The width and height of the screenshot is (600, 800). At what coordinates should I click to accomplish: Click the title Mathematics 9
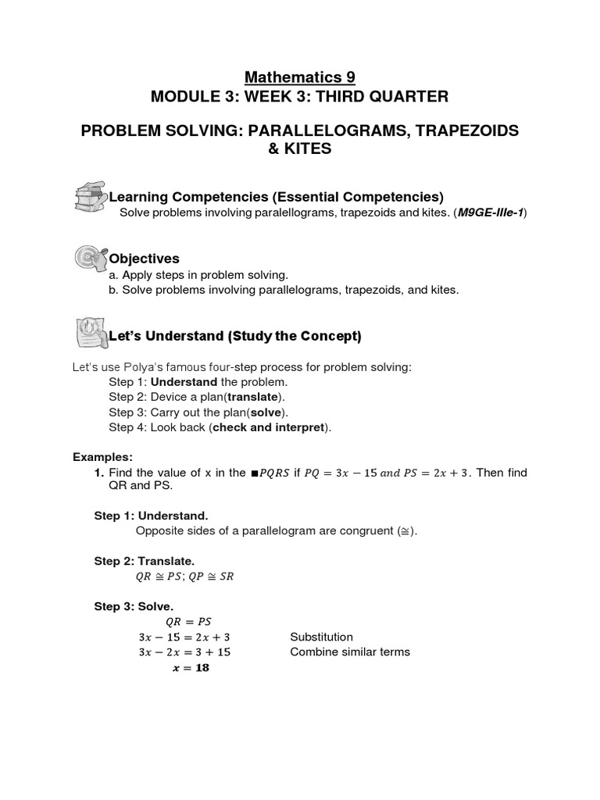[300, 77]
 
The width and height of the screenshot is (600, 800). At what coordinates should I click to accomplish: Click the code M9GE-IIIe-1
[491, 213]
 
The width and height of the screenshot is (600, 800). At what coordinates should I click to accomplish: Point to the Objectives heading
[145, 259]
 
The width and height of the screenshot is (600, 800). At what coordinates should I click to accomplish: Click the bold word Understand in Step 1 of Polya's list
[184, 382]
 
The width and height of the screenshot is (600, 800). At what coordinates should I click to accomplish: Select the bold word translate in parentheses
[251, 397]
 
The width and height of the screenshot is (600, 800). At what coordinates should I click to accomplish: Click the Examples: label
[102, 457]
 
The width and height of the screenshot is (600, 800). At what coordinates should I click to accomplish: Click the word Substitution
[321, 637]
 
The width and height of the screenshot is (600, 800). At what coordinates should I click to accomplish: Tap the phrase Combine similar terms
[349, 652]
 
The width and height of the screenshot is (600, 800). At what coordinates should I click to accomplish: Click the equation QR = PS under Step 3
[187, 622]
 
